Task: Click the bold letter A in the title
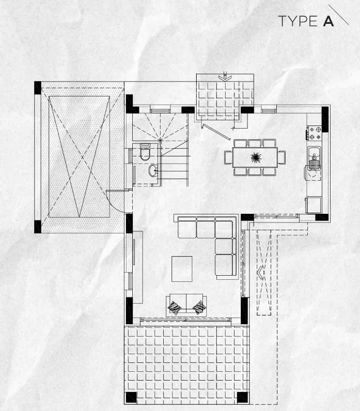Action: [x=328, y=21]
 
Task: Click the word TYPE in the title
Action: [x=298, y=21]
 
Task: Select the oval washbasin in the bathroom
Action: [x=152, y=170]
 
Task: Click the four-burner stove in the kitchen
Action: [x=315, y=133]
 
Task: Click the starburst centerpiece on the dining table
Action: [x=256, y=157]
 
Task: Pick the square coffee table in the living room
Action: [x=182, y=269]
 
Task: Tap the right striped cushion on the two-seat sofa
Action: [x=199, y=307]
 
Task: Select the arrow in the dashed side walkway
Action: [x=260, y=273]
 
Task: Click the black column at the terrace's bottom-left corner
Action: [x=131, y=398]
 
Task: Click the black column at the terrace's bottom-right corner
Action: [x=242, y=398]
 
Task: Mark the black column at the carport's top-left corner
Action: [x=38, y=88]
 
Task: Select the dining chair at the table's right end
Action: [x=281, y=157]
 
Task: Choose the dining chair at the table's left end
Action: [x=228, y=157]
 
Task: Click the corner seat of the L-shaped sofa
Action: [x=224, y=229]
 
